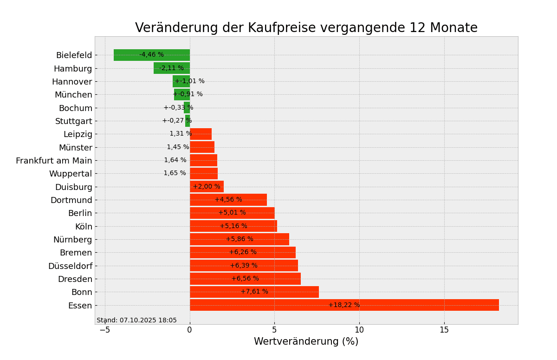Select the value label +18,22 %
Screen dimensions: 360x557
tap(344, 305)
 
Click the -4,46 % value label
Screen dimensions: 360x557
tap(151, 55)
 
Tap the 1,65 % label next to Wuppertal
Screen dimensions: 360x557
tap(175, 173)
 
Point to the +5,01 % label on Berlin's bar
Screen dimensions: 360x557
tap(232, 213)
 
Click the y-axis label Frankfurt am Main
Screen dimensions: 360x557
tap(54, 161)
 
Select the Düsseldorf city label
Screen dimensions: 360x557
tap(70, 266)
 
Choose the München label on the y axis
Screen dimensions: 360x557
tap(73, 95)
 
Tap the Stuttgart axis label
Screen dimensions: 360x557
tap(74, 121)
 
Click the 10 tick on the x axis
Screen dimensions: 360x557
tap(359, 330)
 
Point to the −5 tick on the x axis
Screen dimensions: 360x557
tap(105, 330)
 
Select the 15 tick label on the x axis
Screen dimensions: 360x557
tap(444, 330)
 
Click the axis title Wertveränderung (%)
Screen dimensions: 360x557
tap(306, 342)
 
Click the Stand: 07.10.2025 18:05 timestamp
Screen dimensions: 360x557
tap(136, 321)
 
